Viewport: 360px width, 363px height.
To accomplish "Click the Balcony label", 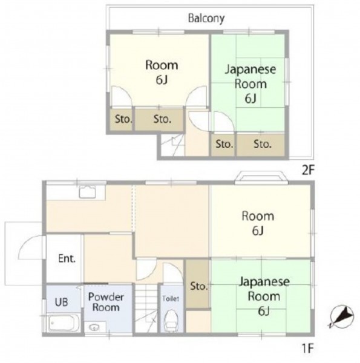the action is point(206,19).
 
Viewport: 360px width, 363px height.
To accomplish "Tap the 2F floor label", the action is point(308,171).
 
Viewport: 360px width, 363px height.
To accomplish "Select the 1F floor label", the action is point(308,348).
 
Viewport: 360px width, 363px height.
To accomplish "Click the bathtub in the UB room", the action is point(64,322).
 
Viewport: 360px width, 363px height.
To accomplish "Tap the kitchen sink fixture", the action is point(87,192).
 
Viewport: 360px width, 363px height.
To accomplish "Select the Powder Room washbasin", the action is point(94,327).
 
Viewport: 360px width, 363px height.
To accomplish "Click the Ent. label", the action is point(67,258).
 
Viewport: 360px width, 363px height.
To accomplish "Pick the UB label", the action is point(61,302).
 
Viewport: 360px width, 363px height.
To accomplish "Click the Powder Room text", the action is point(106,302).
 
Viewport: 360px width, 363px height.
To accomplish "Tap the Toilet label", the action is point(171,299).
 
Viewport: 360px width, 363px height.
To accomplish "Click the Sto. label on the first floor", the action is point(198,286).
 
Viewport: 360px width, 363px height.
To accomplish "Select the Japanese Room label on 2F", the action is point(250,84).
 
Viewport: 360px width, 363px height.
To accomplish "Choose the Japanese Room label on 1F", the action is point(264,296).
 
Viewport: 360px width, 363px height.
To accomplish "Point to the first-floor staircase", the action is point(146,309).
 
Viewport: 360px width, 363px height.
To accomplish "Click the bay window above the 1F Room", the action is point(261,177).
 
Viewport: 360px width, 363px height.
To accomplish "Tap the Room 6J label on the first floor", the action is point(258,223).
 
